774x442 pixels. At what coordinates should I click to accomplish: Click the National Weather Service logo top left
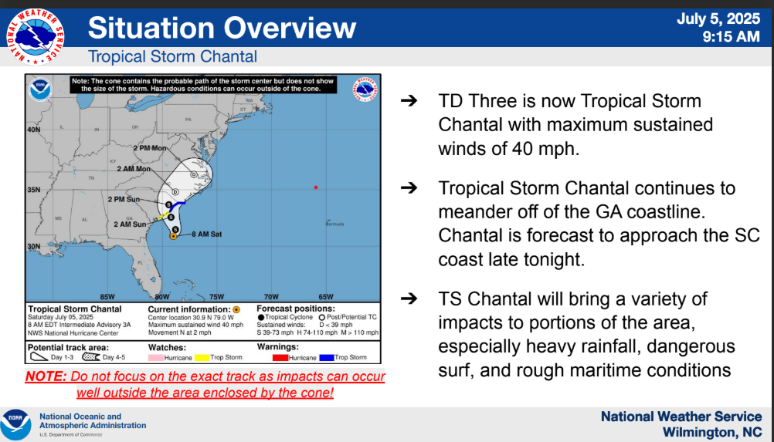point(35,35)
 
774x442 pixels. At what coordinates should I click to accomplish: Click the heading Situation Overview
point(222,28)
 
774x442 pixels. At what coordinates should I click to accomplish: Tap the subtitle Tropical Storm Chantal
point(172,56)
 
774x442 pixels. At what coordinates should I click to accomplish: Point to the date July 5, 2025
point(718,19)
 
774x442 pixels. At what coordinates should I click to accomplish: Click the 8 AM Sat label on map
point(206,233)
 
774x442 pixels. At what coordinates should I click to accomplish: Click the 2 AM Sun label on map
point(131,224)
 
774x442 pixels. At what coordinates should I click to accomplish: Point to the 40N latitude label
point(34,130)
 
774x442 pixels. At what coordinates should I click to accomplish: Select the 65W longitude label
point(325,296)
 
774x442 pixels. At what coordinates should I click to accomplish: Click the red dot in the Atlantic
point(316,187)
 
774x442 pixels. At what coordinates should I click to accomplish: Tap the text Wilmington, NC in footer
point(712,430)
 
